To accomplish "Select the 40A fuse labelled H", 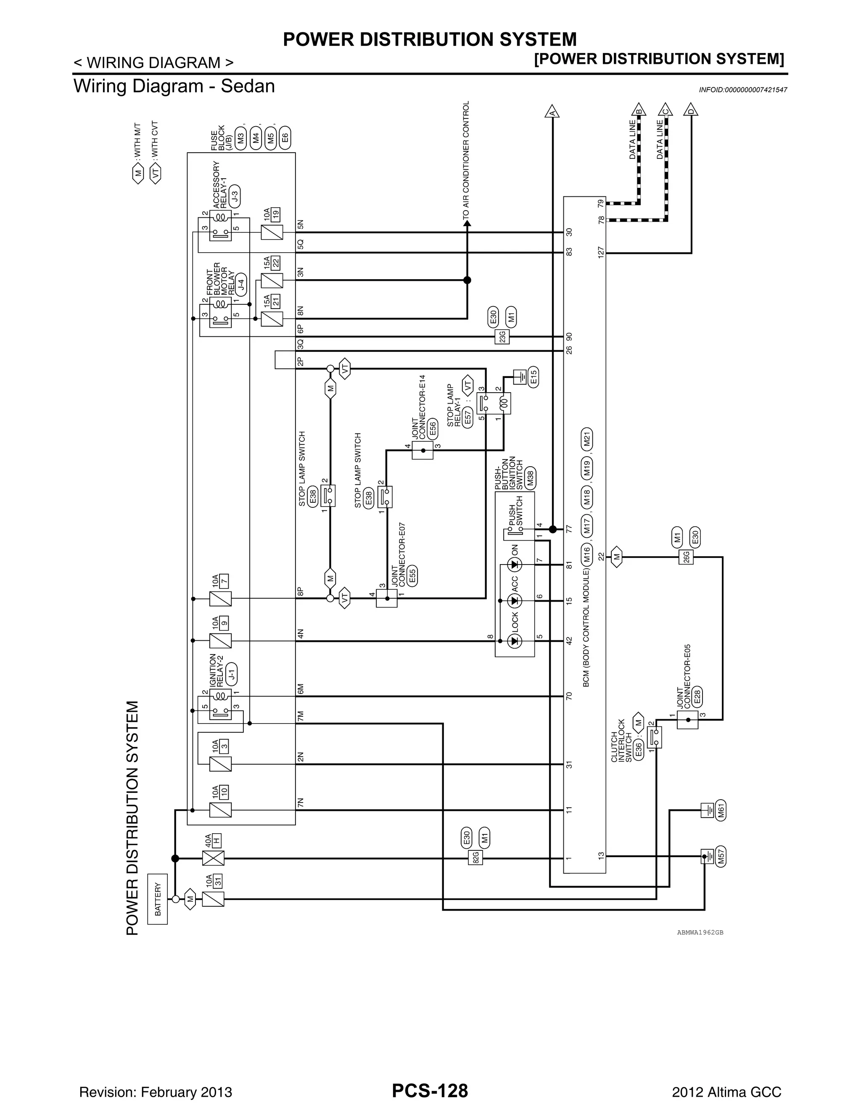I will point(213,858).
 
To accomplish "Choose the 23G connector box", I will point(502,337).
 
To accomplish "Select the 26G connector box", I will point(686,557).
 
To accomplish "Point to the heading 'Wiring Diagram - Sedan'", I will point(174,86).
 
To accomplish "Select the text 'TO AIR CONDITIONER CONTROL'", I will point(466,161).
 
